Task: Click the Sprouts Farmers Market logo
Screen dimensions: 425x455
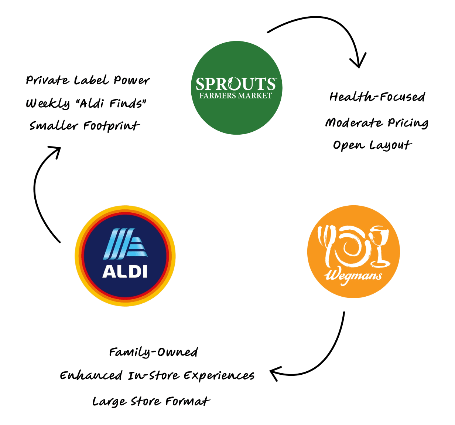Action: (x=236, y=88)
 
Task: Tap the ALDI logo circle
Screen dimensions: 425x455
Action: (x=125, y=256)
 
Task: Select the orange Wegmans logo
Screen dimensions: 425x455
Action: (x=353, y=252)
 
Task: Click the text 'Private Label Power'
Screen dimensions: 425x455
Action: (x=88, y=80)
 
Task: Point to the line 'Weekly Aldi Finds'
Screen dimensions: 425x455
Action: (x=86, y=103)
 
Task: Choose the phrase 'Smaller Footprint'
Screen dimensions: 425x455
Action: (x=85, y=126)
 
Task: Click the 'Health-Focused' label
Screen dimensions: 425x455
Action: (x=377, y=97)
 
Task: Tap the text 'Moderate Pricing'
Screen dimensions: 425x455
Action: (x=377, y=123)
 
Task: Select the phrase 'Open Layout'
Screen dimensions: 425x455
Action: (x=372, y=145)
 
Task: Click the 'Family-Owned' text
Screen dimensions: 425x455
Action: (x=153, y=352)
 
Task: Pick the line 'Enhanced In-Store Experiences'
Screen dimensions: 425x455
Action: (x=157, y=376)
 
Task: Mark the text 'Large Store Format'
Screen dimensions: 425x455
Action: (x=151, y=401)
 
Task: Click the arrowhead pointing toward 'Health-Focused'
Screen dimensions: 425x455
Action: (x=358, y=61)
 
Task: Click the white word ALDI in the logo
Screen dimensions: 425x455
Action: (x=125, y=272)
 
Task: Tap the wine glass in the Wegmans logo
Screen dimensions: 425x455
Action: (x=379, y=244)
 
